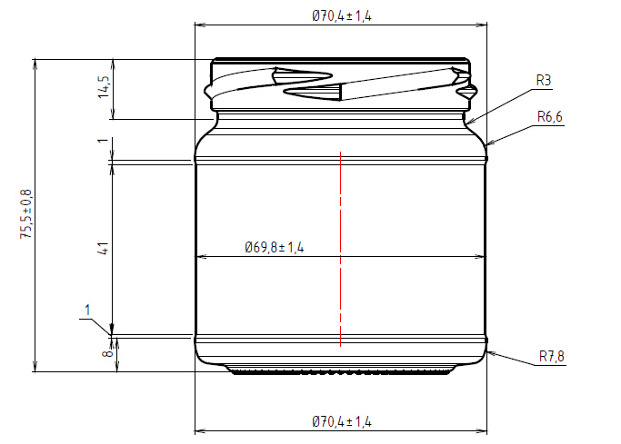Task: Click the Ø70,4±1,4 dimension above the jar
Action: click(341, 16)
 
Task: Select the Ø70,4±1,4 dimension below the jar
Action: click(341, 421)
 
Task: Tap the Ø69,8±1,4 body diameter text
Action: click(274, 247)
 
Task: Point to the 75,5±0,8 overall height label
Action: click(26, 214)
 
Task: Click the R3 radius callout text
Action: click(543, 81)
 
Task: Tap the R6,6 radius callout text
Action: click(551, 116)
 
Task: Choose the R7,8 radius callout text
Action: click(551, 356)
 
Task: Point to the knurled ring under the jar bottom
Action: click(340, 371)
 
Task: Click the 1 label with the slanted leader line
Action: click(87, 310)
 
